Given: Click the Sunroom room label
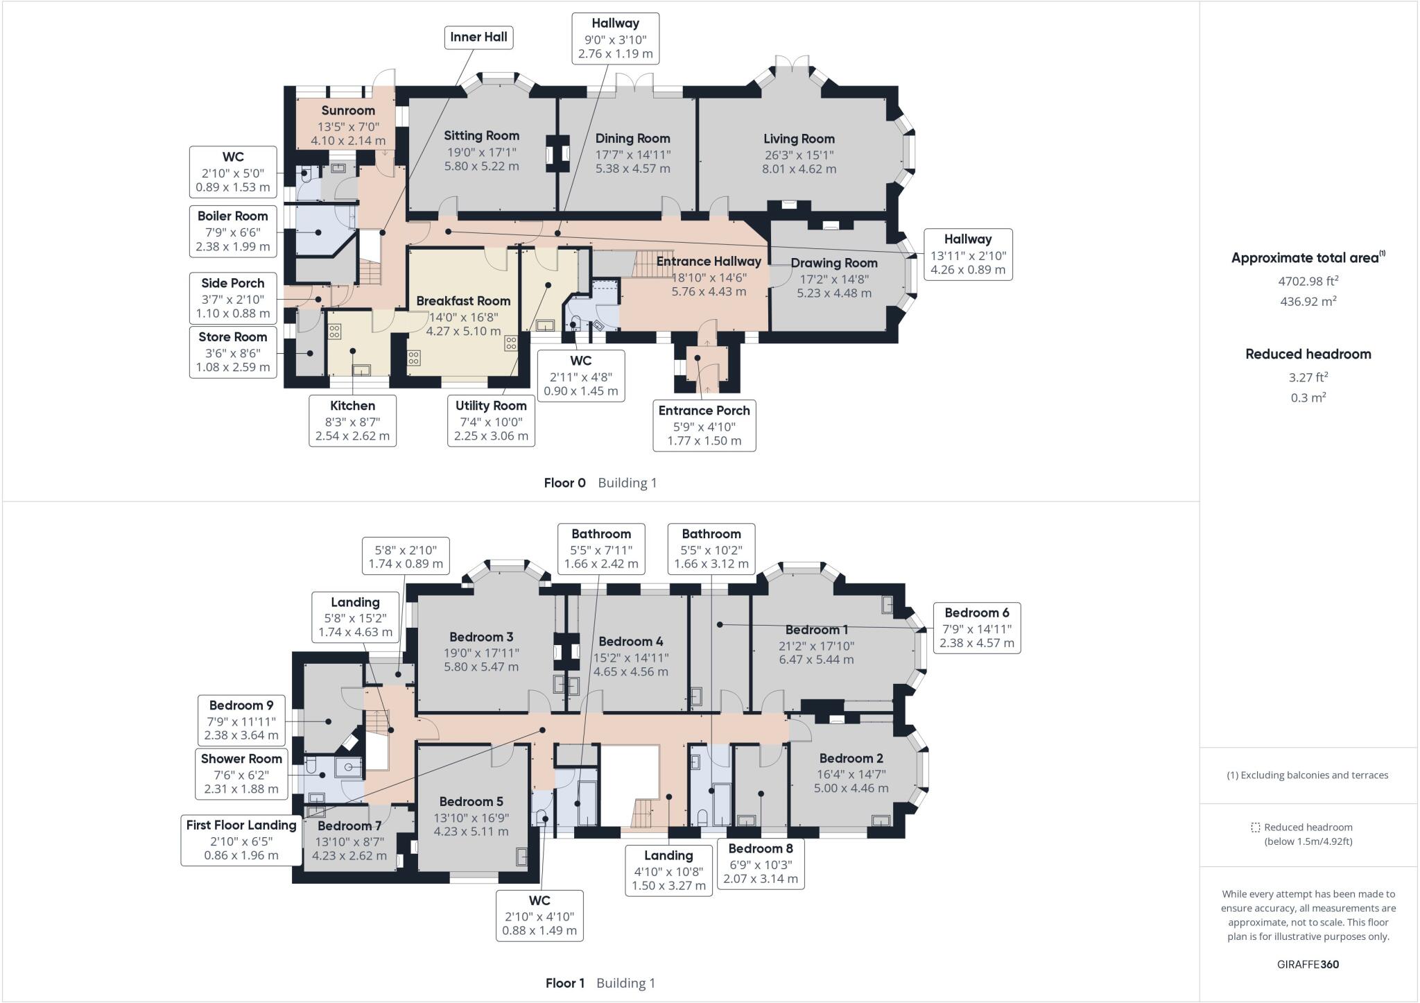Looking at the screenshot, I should tap(348, 110).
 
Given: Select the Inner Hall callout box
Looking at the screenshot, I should tap(478, 37).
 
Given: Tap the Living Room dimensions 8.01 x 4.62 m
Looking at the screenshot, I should tap(799, 169).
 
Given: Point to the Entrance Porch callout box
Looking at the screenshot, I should tap(704, 425).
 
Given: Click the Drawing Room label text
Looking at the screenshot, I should tap(833, 264).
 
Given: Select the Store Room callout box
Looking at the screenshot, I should tap(232, 352).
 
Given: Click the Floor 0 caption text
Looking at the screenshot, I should tap(564, 483).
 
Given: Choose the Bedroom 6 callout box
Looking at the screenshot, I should tap(976, 628).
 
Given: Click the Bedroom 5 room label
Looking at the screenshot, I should tap(471, 802).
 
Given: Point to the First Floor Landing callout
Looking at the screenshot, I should tap(241, 840).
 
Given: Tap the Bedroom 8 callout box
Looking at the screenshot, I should tap(760, 864).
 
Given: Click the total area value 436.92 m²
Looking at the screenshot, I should tap(1308, 302).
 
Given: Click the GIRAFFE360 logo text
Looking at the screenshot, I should tap(1308, 964).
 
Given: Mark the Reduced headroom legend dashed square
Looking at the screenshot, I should tap(1255, 828).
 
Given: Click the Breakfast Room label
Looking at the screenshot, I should tap(463, 301).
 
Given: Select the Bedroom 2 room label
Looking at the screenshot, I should tap(851, 759).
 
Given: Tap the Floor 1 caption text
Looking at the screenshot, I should tap(564, 983).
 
